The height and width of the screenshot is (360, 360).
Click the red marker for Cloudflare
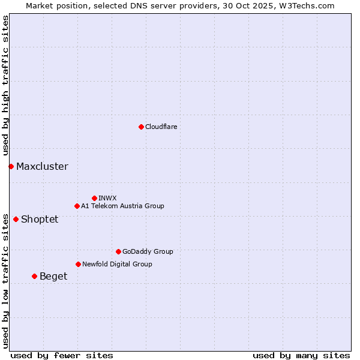click(141, 127)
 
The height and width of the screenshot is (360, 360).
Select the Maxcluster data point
click(11, 166)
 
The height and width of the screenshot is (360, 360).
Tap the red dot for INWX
click(94, 198)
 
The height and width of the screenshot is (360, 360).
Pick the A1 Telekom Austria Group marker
click(77, 206)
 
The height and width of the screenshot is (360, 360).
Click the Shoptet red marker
click(16, 219)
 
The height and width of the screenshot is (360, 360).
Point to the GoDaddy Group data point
click(118, 251)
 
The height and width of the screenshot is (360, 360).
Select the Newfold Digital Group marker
click(78, 264)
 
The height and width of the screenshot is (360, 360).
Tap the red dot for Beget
click(34, 276)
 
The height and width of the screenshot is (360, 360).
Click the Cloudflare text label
click(161, 127)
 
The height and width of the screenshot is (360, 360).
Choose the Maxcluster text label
click(42, 167)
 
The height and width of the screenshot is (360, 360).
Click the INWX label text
click(107, 198)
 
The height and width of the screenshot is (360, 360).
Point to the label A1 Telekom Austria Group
click(122, 206)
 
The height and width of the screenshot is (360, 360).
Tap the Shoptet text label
click(40, 220)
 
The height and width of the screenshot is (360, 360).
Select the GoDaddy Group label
click(148, 251)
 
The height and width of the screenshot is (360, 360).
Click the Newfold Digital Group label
click(117, 264)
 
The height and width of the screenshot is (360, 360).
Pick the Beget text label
click(53, 277)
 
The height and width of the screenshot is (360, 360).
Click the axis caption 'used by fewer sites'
click(62, 355)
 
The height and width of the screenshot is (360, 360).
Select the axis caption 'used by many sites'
click(301, 355)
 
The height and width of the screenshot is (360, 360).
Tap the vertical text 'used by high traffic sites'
click(6, 85)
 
